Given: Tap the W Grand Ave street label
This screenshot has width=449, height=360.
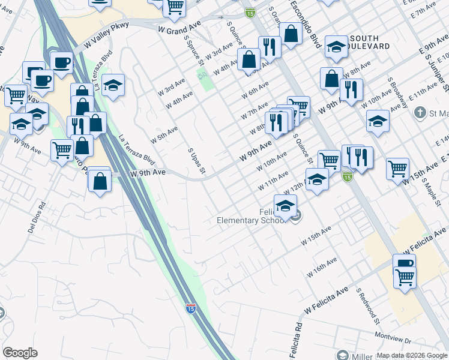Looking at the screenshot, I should point(179,29).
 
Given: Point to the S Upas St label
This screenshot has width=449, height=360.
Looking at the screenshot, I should point(197,163).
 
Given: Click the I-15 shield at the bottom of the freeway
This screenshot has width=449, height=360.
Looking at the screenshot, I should point(190,309).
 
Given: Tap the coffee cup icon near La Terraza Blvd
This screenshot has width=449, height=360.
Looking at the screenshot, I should point(61,63).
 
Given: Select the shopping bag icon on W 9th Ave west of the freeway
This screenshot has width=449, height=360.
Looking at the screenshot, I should point(100,179).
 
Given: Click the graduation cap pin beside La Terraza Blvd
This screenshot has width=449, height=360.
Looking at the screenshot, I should point(112,86).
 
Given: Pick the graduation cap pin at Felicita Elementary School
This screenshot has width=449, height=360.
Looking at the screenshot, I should point(286,206).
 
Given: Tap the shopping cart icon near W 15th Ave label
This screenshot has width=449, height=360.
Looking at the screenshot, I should point(397,169).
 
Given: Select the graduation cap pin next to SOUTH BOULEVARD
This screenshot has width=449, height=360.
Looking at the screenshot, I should point(337,47).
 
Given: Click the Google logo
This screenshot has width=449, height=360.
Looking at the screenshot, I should point(20,353).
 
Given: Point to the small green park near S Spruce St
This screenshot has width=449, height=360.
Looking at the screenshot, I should point(206,79).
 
